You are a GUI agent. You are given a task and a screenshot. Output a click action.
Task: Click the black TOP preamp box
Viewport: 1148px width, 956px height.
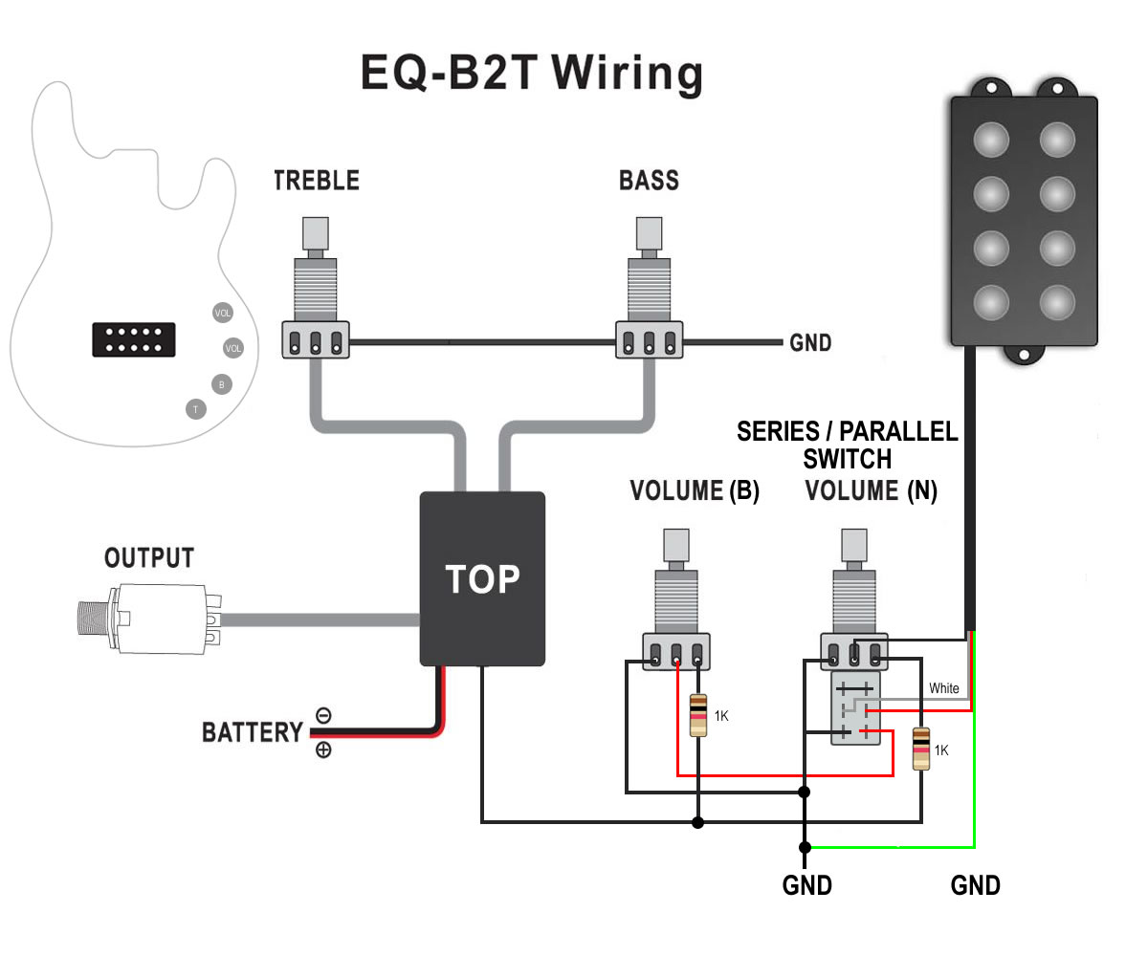[x=482, y=578]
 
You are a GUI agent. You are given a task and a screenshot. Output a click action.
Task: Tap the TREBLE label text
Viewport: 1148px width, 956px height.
[x=316, y=181]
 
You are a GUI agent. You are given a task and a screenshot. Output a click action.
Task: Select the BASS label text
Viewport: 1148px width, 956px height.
[x=649, y=181]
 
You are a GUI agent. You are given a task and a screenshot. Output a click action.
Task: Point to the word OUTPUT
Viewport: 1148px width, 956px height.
[x=149, y=558]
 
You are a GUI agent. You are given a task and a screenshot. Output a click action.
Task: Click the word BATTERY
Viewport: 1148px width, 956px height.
[x=252, y=733]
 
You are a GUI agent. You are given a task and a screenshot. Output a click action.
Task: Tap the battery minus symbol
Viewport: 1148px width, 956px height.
[x=323, y=715]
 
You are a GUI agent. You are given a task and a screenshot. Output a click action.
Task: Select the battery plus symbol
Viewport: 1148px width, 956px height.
[x=323, y=750]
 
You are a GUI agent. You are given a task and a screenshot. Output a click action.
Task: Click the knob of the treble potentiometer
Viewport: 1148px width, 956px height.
[x=316, y=233]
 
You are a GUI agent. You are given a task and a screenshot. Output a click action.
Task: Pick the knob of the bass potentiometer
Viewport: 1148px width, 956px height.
[x=649, y=233]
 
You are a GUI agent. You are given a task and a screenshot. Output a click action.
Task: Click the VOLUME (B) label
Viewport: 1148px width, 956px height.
[x=694, y=491]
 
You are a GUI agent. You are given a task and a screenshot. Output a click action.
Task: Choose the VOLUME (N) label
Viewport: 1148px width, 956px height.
[x=871, y=491]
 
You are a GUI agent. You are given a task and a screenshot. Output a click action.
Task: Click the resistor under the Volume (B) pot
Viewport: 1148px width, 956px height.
[x=699, y=715]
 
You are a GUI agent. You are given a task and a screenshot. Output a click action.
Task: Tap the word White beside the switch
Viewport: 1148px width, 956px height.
[x=944, y=688]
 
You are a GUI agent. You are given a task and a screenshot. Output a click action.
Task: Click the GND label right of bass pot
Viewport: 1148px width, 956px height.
[x=809, y=342]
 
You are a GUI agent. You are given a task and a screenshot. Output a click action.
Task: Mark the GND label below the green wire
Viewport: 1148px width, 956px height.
[x=975, y=885]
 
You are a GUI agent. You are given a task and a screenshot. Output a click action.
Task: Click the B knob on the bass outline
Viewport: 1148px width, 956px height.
[x=222, y=384]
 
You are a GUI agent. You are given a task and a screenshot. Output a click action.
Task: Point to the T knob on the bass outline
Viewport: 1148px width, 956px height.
[x=195, y=409]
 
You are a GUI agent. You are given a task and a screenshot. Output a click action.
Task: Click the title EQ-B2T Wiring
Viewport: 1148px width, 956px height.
[x=531, y=73]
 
